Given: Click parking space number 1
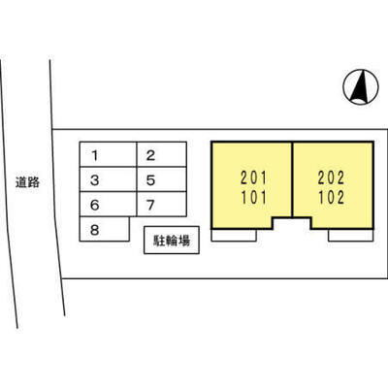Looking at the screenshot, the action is coord(108,154).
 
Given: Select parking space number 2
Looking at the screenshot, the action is coord(162,154).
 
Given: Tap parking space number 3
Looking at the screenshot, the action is coord(108,179).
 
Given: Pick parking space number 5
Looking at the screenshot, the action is coord(162,179).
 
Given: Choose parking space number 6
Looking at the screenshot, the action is coord(108,204).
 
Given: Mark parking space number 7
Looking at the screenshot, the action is coord(162,204).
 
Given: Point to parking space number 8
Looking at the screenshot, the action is coord(105,229).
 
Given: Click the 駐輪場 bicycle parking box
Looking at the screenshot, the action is coord(172,240).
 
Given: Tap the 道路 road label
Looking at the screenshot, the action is coord(27,182).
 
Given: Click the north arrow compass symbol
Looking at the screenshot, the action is coord(361,87).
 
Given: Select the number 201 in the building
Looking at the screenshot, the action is coord(254,178).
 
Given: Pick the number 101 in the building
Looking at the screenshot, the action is coord(254,198).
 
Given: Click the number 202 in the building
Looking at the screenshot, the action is coord(331,178).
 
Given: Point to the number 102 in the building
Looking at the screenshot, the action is coord(331,198).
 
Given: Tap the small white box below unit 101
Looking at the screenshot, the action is coord(234,236).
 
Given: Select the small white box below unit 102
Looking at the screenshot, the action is coord(351,236).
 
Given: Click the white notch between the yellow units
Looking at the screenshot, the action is coord(292,224).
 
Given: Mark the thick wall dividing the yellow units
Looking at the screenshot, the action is coord(292,179).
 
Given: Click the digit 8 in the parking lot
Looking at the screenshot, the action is coord(94,230).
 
